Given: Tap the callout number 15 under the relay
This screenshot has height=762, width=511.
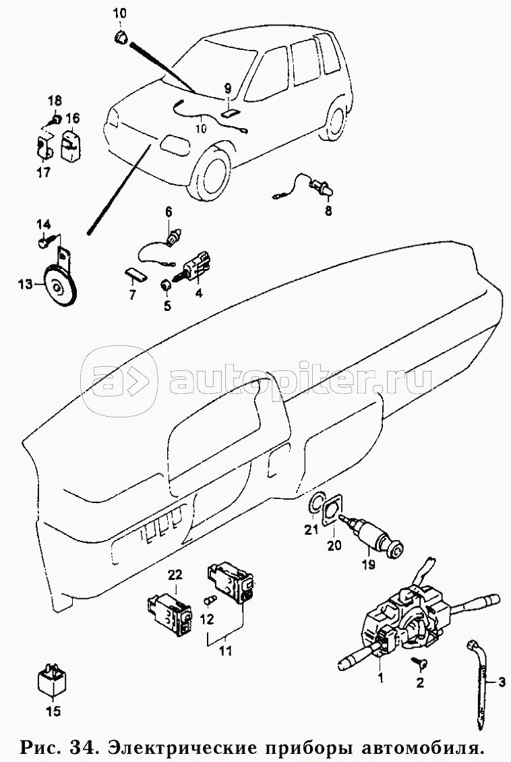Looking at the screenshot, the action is pyautogui.click(x=53, y=711).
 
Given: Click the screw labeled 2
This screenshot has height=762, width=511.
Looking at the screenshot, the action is pyautogui.click(x=418, y=661).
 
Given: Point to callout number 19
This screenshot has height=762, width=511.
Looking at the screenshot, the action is pyautogui.click(x=369, y=564).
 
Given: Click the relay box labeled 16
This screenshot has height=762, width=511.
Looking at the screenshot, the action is pyautogui.click(x=70, y=144).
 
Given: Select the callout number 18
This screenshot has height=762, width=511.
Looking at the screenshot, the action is pyautogui.click(x=55, y=101).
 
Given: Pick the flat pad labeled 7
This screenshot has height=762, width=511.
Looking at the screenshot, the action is pyautogui.click(x=135, y=275).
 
